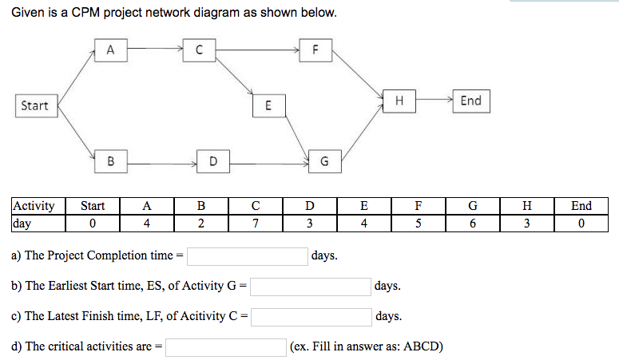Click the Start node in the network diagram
coord(34,105)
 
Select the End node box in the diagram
coord(470,101)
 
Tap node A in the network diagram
coord(110,49)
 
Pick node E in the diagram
coord(268,105)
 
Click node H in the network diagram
coord(399,101)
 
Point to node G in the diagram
coord(323,161)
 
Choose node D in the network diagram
coord(212,161)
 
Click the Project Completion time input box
coord(248,256)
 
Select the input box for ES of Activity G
coord(311,286)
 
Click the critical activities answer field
coord(227,347)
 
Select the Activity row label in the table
coord(34,206)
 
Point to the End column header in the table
coord(581,206)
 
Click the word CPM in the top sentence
coord(81,14)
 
